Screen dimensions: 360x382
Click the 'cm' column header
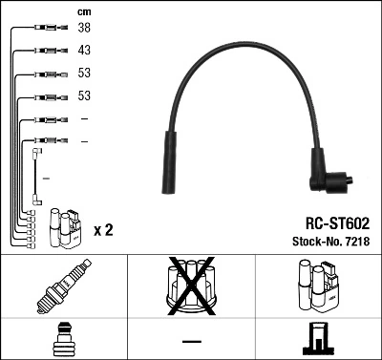pos(84,11)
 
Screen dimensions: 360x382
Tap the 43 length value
pos(84,50)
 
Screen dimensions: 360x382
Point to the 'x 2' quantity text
pos(103,231)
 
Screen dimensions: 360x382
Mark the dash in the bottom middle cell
pos(191,340)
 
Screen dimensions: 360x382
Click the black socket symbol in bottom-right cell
pos(318,339)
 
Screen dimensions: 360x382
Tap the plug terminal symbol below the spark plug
pos(64,339)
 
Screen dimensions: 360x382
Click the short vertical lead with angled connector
pos(36,174)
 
